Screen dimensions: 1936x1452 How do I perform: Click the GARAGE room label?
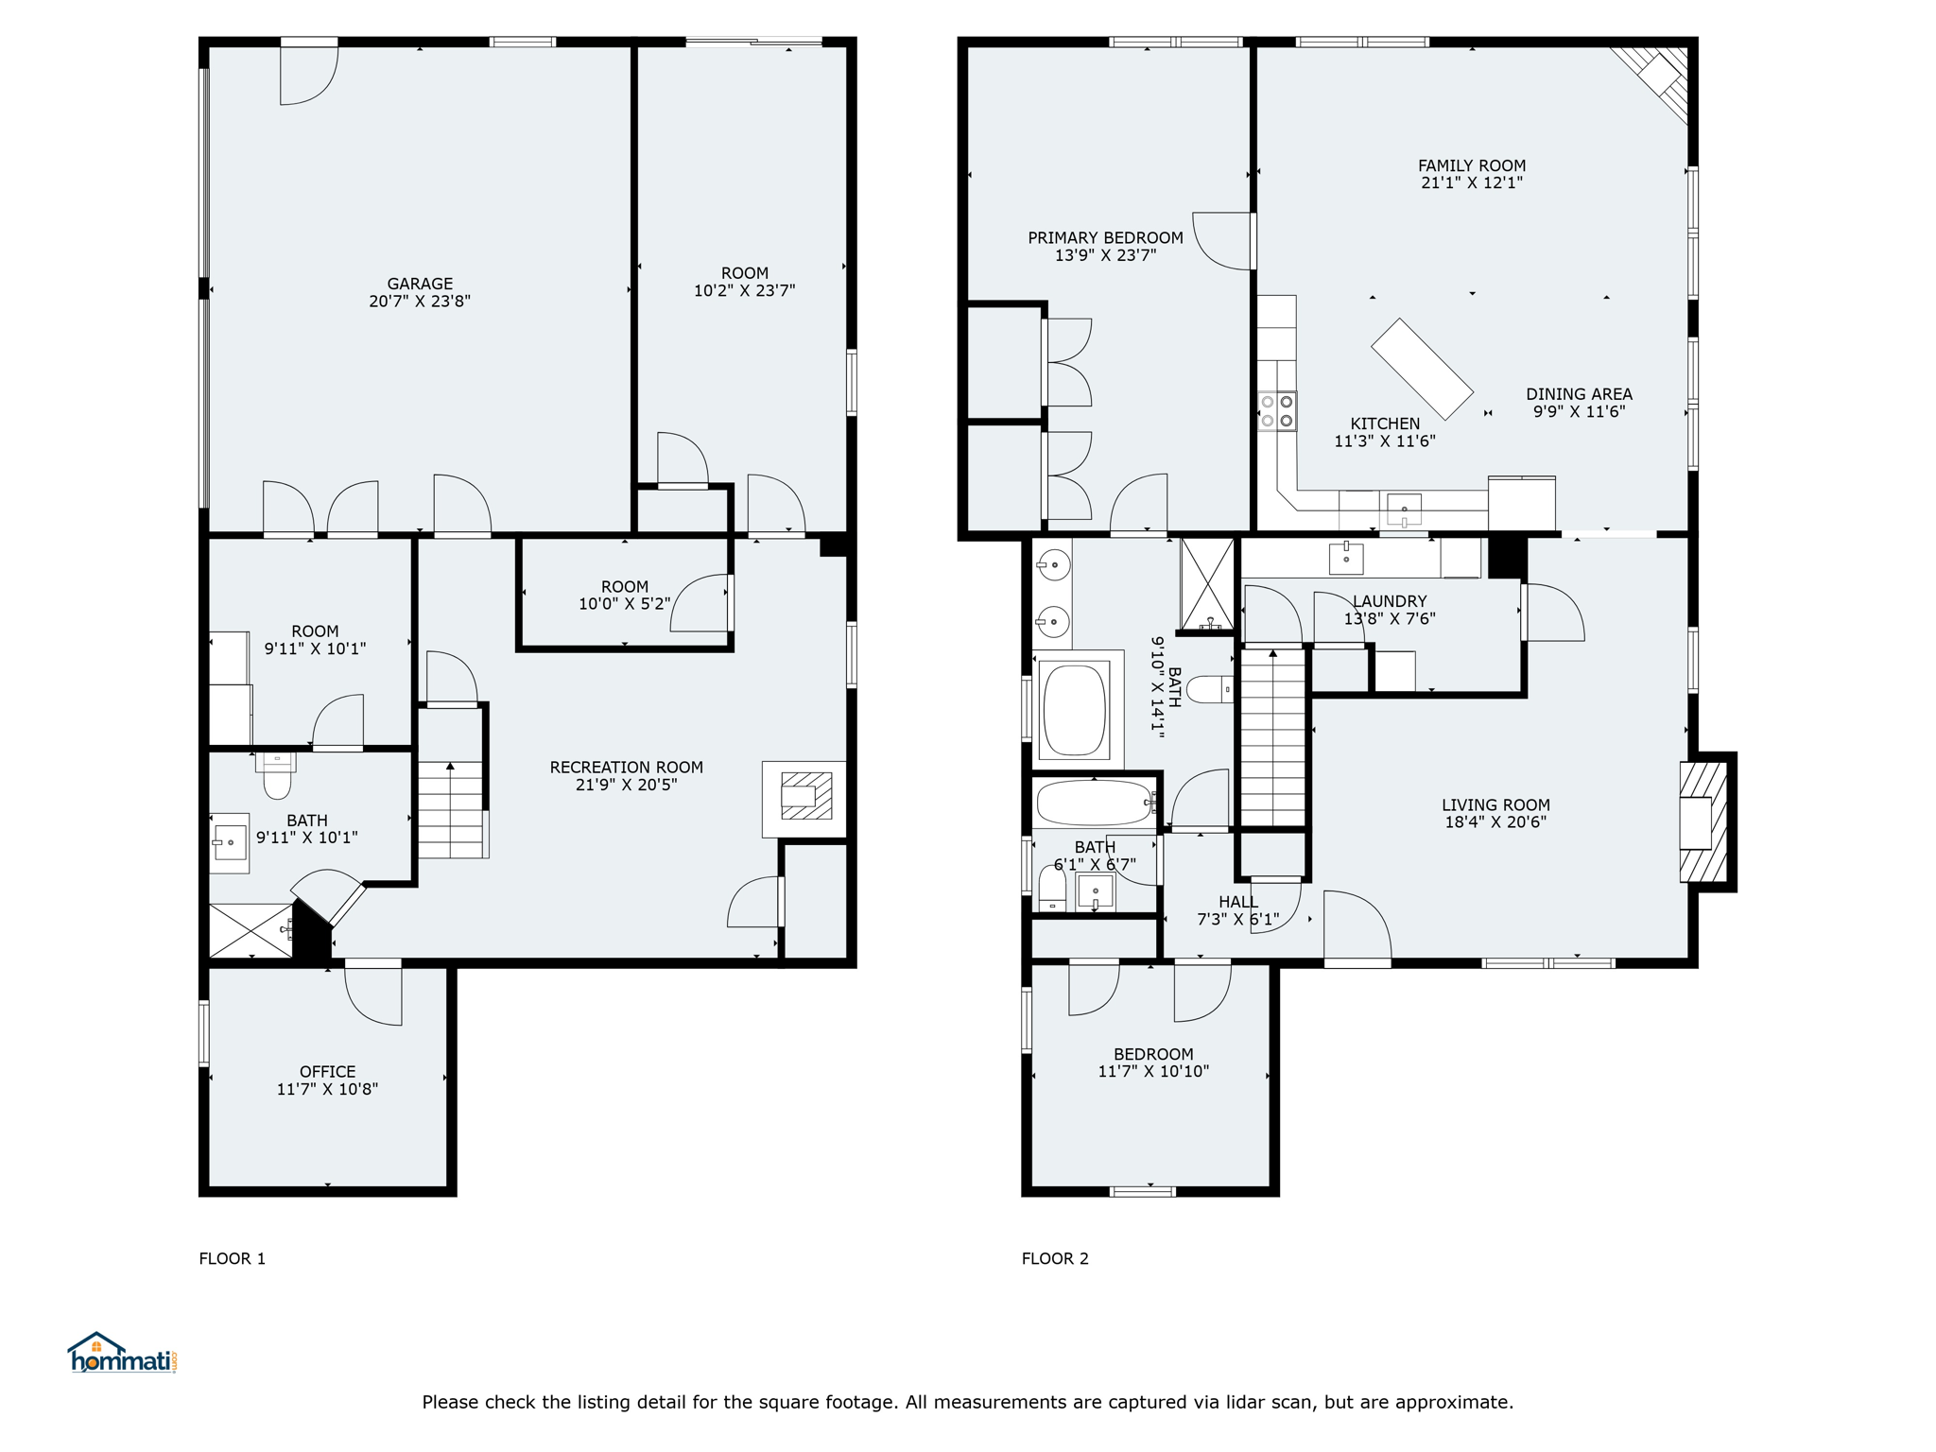[x=420, y=284]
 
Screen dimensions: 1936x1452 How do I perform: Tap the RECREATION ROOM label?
[x=627, y=767]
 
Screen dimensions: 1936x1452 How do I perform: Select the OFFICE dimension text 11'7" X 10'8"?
[x=327, y=1089]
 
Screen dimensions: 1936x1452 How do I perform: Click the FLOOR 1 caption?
[x=233, y=1258]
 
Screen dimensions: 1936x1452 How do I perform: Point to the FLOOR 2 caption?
[x=1055, y=1258]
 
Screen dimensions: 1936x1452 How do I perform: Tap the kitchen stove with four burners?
[x=1277, y=411]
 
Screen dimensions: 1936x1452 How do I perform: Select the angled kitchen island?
[x=1422, y=369]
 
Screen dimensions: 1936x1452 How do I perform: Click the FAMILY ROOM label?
[x=1472, y=165]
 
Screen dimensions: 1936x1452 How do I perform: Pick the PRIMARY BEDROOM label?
[x=1106, y=238]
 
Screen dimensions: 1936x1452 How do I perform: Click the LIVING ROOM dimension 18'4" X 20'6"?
[x=1495, y=822]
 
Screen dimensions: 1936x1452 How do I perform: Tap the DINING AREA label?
[x=1579, y=394]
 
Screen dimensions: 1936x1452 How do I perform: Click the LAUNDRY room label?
[x=1390, y=601]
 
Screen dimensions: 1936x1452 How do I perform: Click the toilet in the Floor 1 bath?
[x=277, y=776]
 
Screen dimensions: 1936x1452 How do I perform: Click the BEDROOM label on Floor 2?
[x=1153, y=1054]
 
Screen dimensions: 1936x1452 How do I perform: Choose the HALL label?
[x=1238, y=902]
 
